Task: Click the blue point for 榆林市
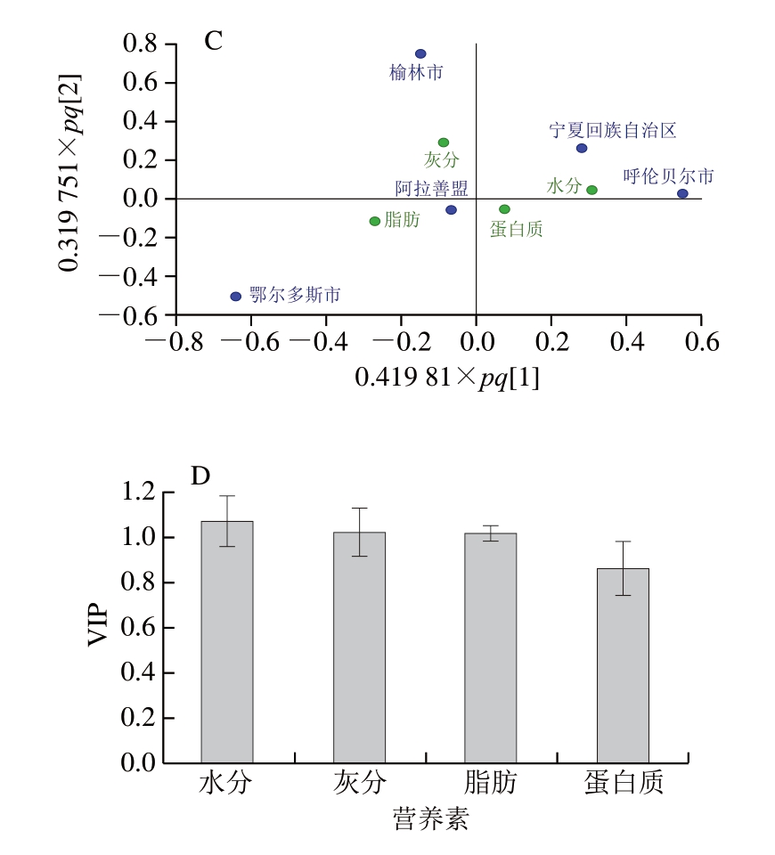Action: point(420,54)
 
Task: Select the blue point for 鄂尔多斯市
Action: point(236,297)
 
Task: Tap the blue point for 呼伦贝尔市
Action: point(682,193)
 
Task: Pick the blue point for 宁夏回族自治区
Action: point(582,148)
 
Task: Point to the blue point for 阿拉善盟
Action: point(451,210)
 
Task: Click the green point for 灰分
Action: point(444,142)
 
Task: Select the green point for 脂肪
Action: point(375,221)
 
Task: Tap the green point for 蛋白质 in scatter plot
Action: point(504,209)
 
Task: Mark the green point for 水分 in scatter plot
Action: point(591,190)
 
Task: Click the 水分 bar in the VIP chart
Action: point(227,641)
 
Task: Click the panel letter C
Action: point(213,40)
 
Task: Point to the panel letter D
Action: point(200,476)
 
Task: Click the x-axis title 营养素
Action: point(430,818)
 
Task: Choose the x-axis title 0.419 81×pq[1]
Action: point(447,377)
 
